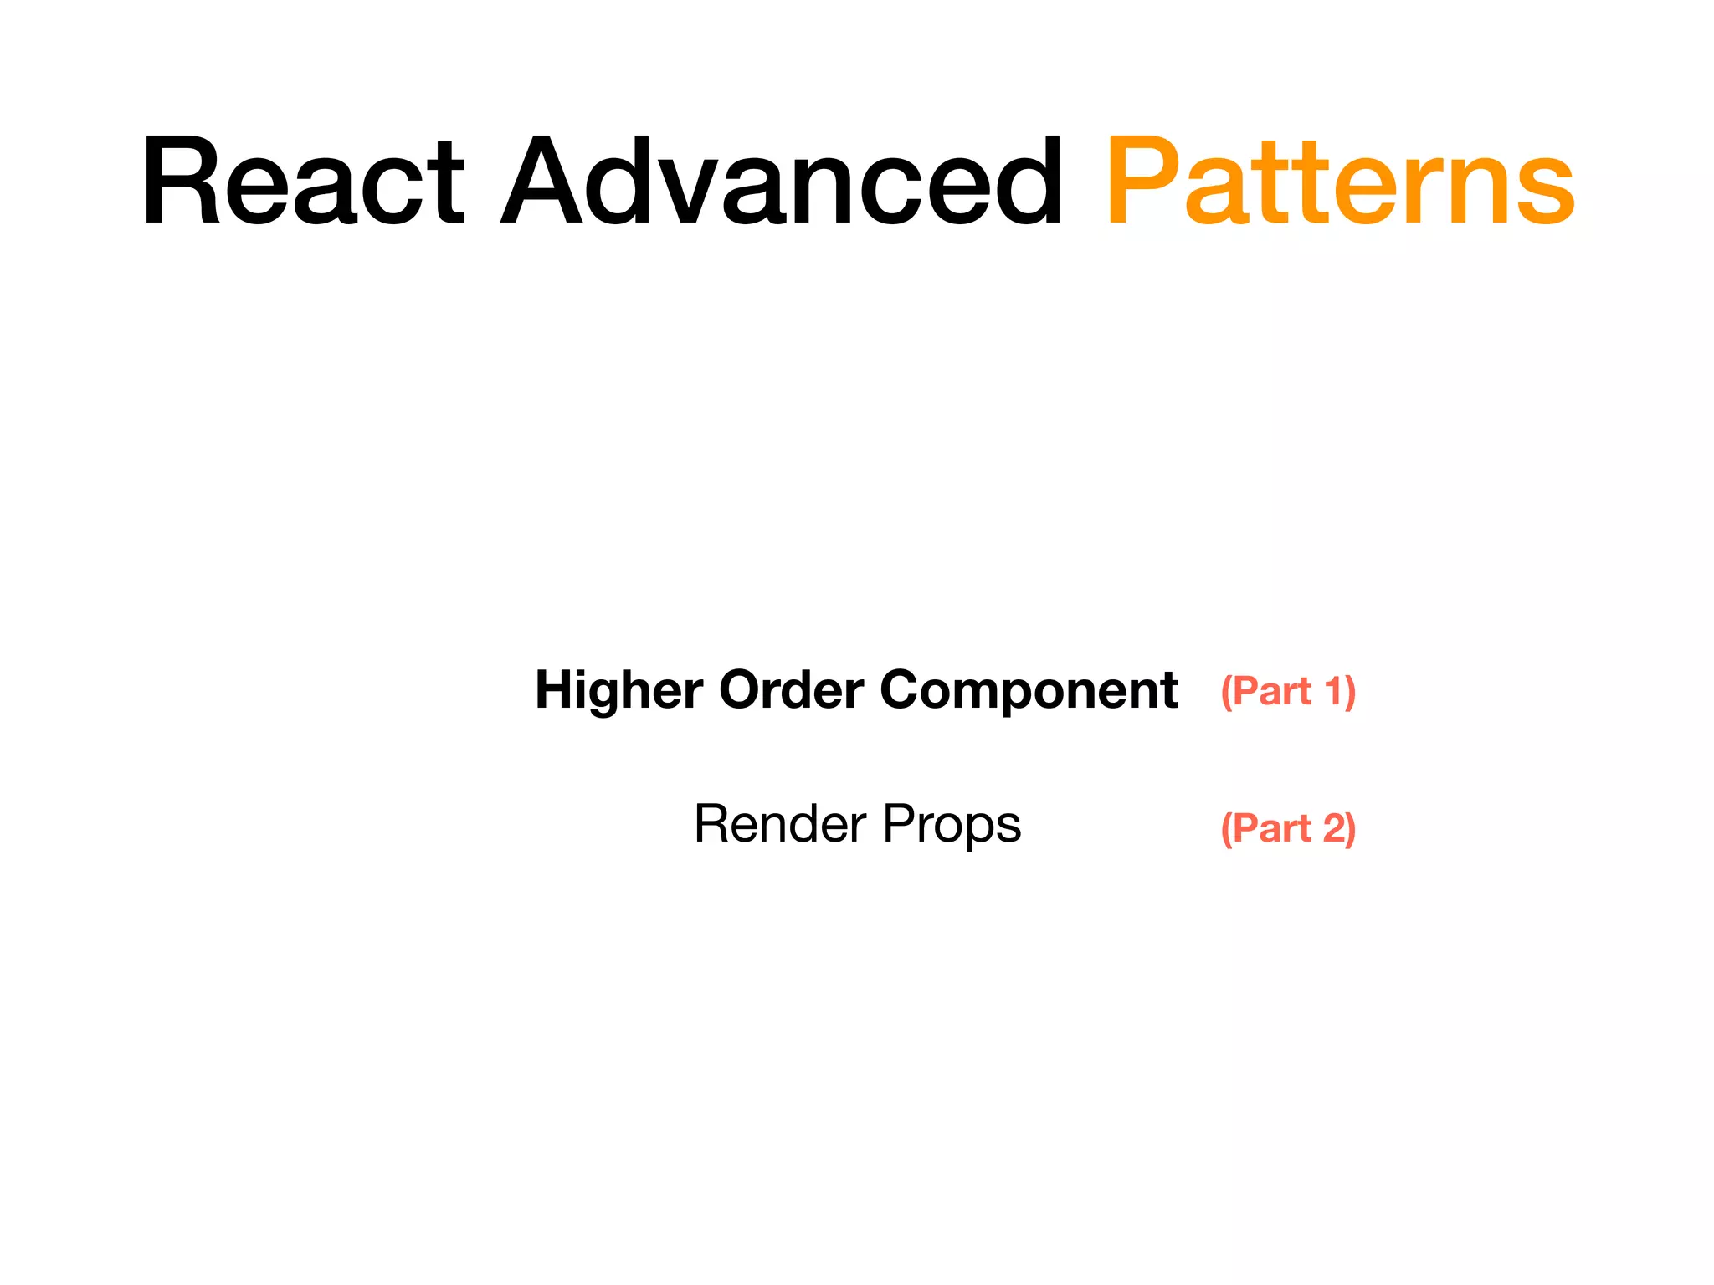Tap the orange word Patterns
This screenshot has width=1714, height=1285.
pos(1340,182)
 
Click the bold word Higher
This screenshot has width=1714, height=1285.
pos(619,692)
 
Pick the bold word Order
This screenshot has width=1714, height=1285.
pos(791,690)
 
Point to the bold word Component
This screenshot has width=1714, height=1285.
pos(1029,692)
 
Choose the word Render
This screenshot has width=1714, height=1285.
pos(780,824)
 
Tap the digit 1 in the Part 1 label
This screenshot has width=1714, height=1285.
pos(1332,691)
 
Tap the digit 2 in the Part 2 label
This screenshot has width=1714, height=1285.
pos(1333,828)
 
